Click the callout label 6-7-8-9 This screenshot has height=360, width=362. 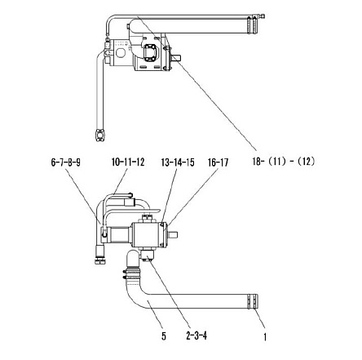(65, 162)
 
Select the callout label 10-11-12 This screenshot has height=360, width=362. (128, 162)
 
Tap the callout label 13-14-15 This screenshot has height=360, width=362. (178, 162)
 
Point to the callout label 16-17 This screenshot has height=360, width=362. (218, 162)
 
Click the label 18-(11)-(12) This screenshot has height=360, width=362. (284, 162)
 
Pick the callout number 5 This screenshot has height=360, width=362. (164, 336)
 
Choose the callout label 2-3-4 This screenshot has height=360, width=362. (196, 336)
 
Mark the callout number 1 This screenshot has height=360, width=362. (265, 337)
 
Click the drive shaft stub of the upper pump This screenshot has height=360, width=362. (176, 58)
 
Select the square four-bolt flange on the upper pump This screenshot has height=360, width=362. (150, 52)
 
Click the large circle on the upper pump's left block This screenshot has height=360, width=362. (121, 53)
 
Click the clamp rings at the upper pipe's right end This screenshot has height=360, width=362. (252, 25)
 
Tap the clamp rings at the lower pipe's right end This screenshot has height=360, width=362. (253, 301)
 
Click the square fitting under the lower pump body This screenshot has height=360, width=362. (147, 256)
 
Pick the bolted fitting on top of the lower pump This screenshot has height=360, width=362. (147, 218)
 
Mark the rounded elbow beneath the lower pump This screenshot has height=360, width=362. (133, 260)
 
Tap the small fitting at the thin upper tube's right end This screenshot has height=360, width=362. (262, 16)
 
